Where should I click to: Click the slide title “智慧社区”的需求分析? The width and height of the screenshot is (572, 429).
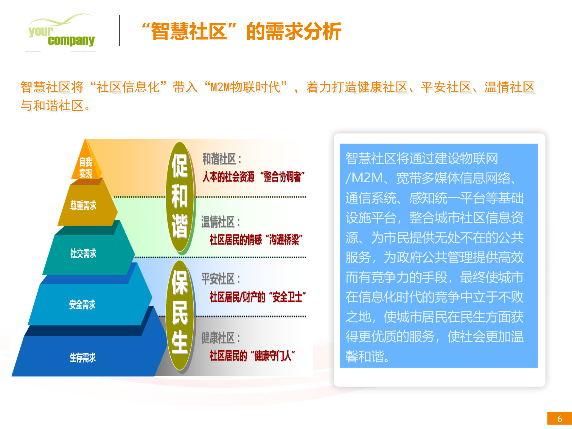(241, 31)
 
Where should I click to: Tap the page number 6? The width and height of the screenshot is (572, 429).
(559, 419)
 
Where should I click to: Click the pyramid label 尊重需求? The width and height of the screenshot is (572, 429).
(83, 206)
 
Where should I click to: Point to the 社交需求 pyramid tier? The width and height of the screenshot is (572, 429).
(83, 254)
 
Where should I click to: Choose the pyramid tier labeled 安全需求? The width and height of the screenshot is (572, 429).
(83, 304)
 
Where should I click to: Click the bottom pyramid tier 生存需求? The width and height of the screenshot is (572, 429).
(83, 357)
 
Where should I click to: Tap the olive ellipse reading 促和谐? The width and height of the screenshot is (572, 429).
(180, 197)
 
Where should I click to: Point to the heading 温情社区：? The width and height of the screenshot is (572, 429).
(220, 222)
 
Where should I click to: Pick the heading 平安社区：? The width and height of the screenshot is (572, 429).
(220, 279)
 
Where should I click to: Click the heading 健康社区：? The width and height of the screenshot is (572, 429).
(220, 338)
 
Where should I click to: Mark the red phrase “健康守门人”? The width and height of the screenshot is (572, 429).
(273, 356)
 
